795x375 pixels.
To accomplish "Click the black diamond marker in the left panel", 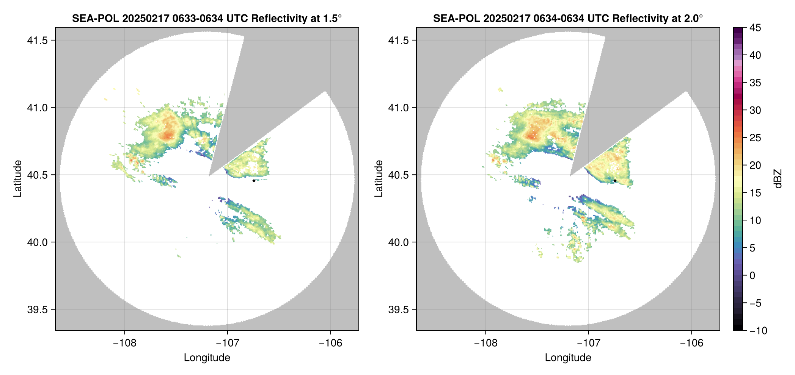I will point(254,181).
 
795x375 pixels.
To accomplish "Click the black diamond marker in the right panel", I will point(615,181).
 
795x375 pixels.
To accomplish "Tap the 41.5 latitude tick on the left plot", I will point(38,41).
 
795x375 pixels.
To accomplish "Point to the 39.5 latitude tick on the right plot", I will point(399,309).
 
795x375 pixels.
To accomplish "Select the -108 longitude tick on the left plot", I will point(124,343).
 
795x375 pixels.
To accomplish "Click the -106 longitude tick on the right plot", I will point(691,343).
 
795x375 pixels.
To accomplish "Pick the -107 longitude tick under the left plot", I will point(228,343).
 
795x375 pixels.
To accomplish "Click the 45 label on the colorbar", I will point(755,28).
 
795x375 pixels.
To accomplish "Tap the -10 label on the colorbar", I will point(758,331).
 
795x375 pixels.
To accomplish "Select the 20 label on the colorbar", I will point(755,166).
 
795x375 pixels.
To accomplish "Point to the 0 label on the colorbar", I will point(753,276).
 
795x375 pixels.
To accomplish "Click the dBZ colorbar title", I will point(778,179).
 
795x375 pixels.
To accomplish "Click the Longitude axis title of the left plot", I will point(207,358).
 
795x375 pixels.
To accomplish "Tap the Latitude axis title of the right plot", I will point(379,179).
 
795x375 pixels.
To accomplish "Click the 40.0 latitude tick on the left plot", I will point(38,242).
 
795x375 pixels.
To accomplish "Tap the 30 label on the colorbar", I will point(755,111).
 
